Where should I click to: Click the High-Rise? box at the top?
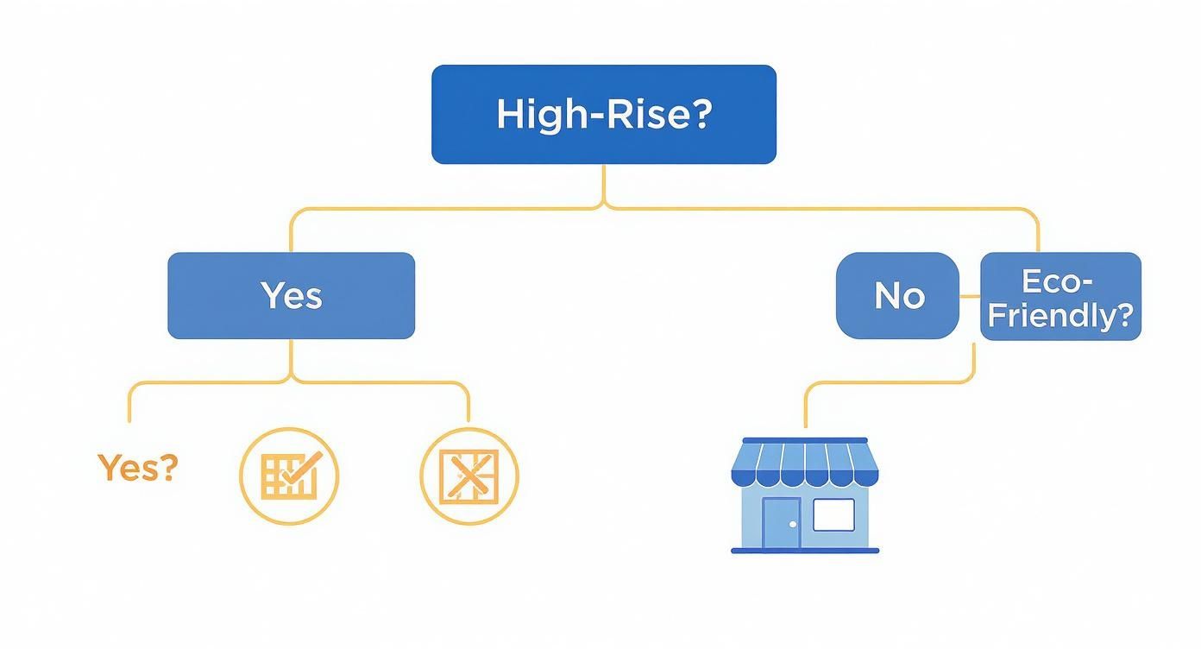603,114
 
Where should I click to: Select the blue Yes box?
291,295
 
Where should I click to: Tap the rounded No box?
897,295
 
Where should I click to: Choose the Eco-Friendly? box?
1060,296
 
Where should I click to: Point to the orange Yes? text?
137,468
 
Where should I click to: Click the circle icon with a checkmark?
288,476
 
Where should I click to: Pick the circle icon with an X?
469,476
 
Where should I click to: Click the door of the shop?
781,523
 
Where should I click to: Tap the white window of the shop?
833,514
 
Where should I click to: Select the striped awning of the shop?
804,464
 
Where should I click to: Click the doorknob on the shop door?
793,524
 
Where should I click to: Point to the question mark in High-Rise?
700,114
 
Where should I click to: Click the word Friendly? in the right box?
1060,315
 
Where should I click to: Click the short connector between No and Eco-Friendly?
970,295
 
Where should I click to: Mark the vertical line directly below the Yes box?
291,358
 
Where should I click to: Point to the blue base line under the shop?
805,550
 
